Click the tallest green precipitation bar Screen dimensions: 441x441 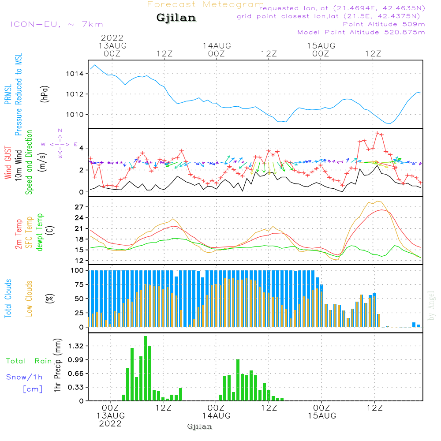(145, 368)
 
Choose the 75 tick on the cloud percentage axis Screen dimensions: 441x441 (78, 285)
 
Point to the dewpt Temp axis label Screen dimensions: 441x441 (40, 232)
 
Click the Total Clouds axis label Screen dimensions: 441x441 (8, 299)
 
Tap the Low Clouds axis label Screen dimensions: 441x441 (29, 299)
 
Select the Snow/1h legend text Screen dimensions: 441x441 (25, 377)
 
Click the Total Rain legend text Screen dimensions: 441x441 (29, 361)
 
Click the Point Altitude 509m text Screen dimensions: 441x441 (384, 24)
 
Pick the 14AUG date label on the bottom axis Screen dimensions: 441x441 (217, 416)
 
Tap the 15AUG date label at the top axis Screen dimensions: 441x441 (321, 45)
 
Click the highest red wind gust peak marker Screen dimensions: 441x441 (377, 133)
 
